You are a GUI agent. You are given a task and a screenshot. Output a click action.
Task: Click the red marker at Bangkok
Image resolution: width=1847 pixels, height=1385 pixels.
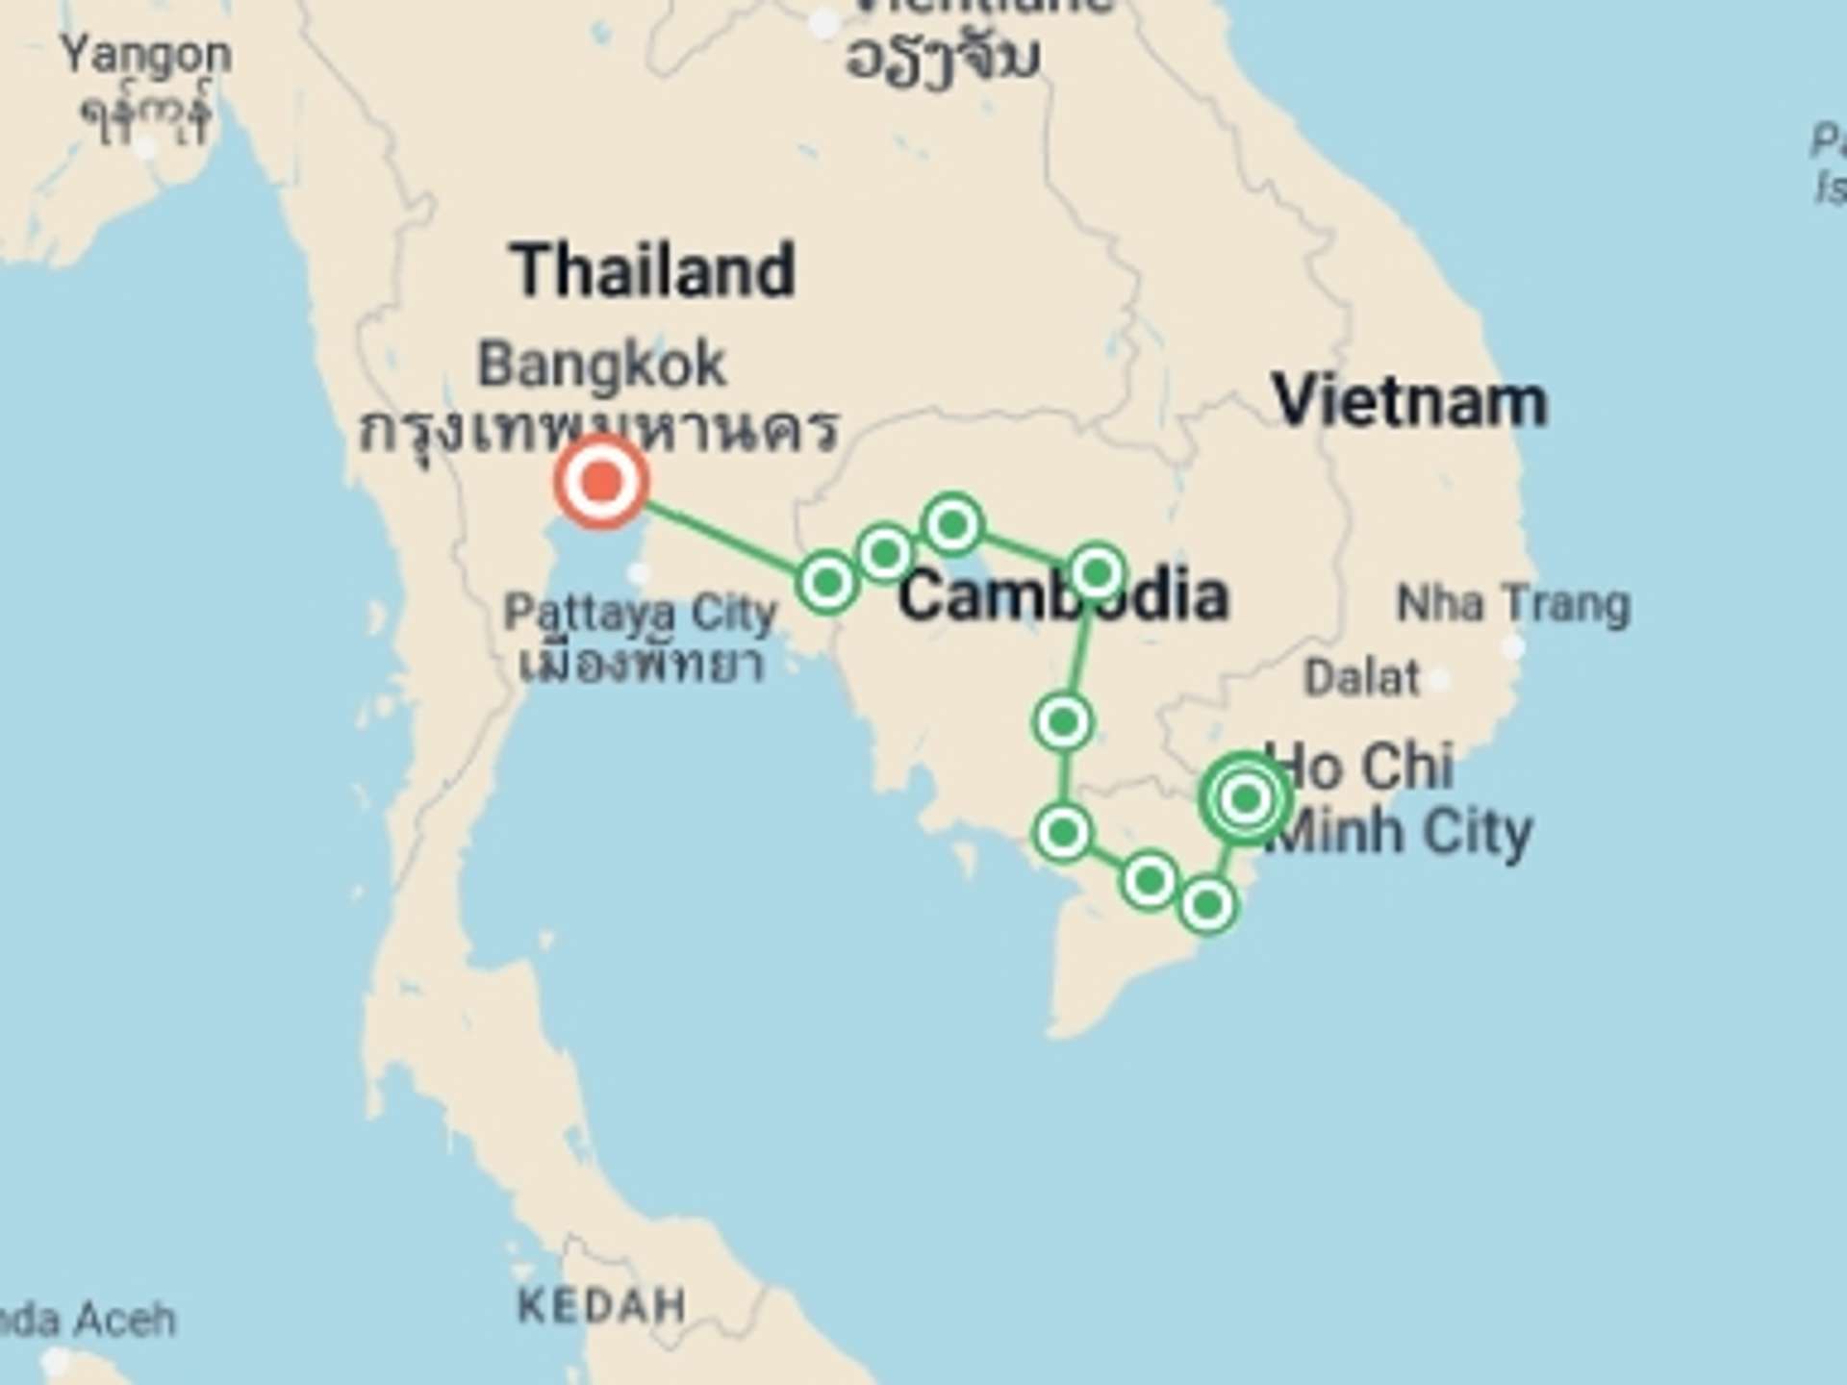601,481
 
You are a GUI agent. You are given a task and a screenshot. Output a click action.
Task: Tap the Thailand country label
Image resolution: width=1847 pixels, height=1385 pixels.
653,270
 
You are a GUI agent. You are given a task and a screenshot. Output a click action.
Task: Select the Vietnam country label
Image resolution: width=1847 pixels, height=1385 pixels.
1410,401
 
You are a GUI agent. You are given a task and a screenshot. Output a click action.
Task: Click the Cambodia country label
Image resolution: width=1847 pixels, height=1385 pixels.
1063,596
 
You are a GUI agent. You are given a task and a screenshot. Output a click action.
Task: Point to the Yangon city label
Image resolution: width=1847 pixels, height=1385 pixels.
146,56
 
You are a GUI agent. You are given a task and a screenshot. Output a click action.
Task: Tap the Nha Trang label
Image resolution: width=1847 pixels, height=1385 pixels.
1513,605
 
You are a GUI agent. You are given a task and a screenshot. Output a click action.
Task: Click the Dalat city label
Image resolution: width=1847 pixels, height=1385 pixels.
1361,678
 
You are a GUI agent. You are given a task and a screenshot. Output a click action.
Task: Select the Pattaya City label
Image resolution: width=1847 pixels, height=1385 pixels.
640,613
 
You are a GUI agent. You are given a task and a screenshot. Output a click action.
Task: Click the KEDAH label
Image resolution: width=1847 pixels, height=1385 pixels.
602,1306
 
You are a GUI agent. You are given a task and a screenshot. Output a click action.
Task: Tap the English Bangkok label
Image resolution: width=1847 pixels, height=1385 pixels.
602,365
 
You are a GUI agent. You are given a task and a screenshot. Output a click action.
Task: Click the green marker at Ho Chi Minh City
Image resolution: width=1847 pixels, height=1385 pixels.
1246,798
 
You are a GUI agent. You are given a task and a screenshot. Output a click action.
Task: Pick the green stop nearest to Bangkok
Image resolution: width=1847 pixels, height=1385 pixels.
826,582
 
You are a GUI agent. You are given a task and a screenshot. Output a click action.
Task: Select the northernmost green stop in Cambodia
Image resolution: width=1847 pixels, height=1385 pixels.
952,525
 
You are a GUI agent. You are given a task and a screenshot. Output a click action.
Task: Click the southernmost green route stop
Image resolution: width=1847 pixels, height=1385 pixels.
1208,905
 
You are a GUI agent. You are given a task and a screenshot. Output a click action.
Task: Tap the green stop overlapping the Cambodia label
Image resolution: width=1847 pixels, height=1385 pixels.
1097,573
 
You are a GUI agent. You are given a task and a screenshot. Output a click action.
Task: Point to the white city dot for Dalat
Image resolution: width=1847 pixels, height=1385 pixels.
1440,680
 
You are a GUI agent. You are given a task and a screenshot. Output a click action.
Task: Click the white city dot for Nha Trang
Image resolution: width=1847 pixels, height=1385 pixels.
1513,647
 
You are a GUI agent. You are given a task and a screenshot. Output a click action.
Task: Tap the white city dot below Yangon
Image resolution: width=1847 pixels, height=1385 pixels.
145,147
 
